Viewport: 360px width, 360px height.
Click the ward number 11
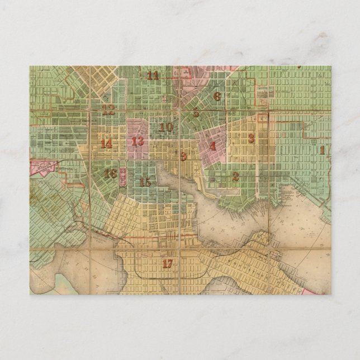[153, 75]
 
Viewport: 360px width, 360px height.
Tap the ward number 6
[217, 96]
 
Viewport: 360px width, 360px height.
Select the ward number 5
[196, 113]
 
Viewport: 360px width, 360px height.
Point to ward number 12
[108, 110]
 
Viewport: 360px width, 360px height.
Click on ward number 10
[166, 127]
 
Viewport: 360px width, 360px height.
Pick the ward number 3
[251, 138]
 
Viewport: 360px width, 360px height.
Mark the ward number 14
[106, 144]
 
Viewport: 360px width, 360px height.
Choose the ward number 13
[138, 141]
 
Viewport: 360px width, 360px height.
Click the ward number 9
[183, 155]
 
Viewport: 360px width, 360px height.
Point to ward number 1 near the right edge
[322, 150]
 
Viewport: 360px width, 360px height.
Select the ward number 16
[110, 174]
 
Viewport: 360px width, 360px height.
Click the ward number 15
[145, 182]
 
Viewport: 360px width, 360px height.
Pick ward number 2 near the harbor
[235, 176]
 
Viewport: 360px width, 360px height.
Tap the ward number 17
[167, 264]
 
